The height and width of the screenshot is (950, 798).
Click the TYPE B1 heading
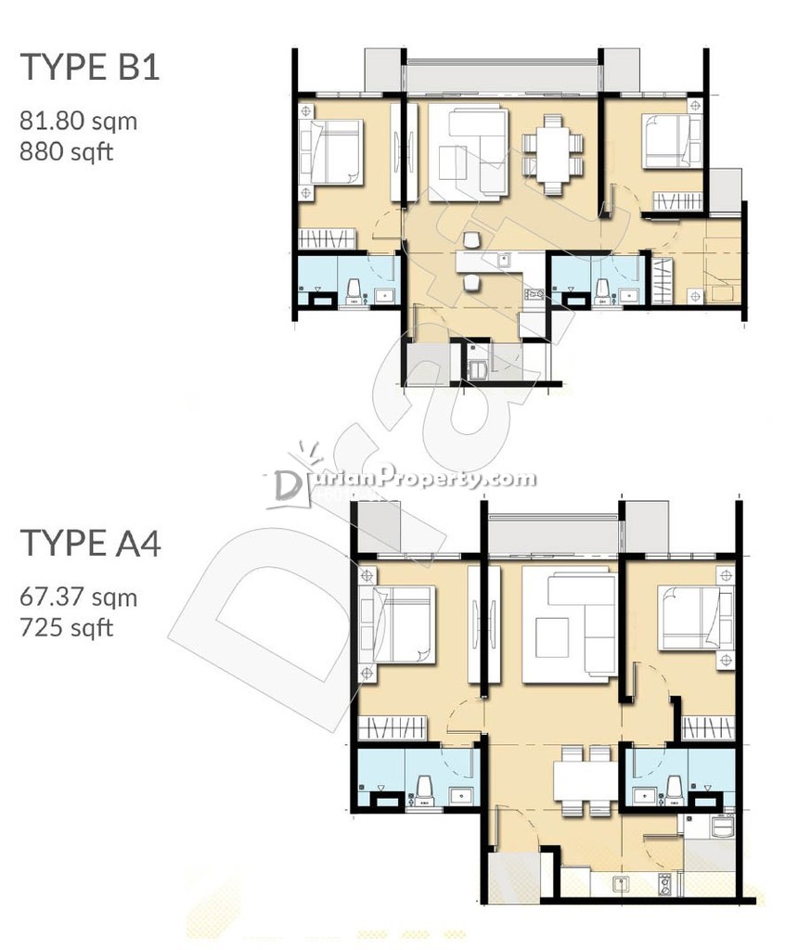pyautogui.click(x=90, y=67)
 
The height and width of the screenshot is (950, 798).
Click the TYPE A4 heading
pyautogui.click(x=90, y=543)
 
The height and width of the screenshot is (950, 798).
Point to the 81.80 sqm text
pyautogui.click(x=79, y=122)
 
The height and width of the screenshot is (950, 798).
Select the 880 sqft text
pyautogui.click(x=67, y=151)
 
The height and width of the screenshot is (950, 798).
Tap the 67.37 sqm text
pyautogui.click(x=79, y=597)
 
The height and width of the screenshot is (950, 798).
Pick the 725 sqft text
pyautogui.click(x=67, y=627)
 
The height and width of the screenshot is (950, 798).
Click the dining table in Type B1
pyautogui.click(x=553, y=154)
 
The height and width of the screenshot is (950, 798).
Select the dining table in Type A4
pyautogui.click(x=586, y=779)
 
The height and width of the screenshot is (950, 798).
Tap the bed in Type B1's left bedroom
pyautogui.click(x=335, y=151)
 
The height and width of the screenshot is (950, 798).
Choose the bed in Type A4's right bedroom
pyautogui.click(x=691, y=617)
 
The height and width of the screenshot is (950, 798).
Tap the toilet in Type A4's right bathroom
pyautogui.click(x=675, y=790)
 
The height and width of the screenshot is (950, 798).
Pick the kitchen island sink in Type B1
pyautogui.click(x=504, y=261)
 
